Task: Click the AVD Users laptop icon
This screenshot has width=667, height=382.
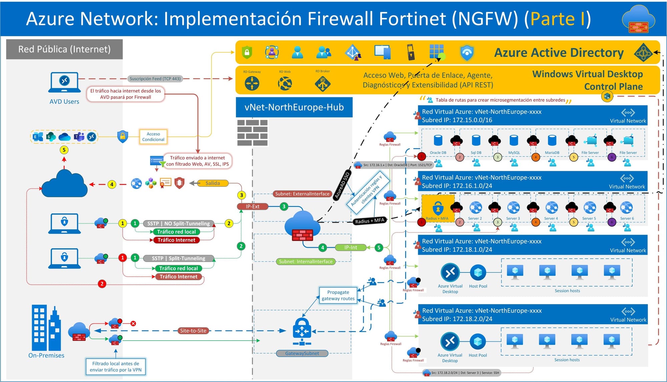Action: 64,82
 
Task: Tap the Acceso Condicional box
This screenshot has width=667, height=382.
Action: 153,137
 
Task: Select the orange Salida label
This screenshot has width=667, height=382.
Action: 213,183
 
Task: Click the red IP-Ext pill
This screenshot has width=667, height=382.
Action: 252,206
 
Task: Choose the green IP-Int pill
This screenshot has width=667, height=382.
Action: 351,247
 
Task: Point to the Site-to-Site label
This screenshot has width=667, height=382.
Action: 193,331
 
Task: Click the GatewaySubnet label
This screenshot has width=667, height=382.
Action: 302,353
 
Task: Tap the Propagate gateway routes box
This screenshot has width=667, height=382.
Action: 338,295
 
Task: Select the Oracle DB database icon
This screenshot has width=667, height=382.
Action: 438,141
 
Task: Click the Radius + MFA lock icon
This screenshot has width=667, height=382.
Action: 438,208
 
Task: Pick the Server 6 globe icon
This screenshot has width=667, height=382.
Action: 626,207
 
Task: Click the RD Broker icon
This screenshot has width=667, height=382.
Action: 322,83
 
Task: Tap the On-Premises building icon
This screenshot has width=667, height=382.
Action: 46,328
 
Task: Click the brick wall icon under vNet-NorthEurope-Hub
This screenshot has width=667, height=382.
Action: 252,133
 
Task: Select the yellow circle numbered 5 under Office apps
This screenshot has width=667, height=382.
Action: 64,150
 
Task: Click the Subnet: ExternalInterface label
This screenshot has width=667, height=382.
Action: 302,194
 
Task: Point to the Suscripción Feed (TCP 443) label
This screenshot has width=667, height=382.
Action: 155,79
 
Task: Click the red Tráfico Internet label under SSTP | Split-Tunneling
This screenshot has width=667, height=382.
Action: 178,277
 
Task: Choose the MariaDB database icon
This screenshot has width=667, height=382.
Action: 552,141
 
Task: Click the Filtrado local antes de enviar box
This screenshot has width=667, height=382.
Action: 115,367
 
